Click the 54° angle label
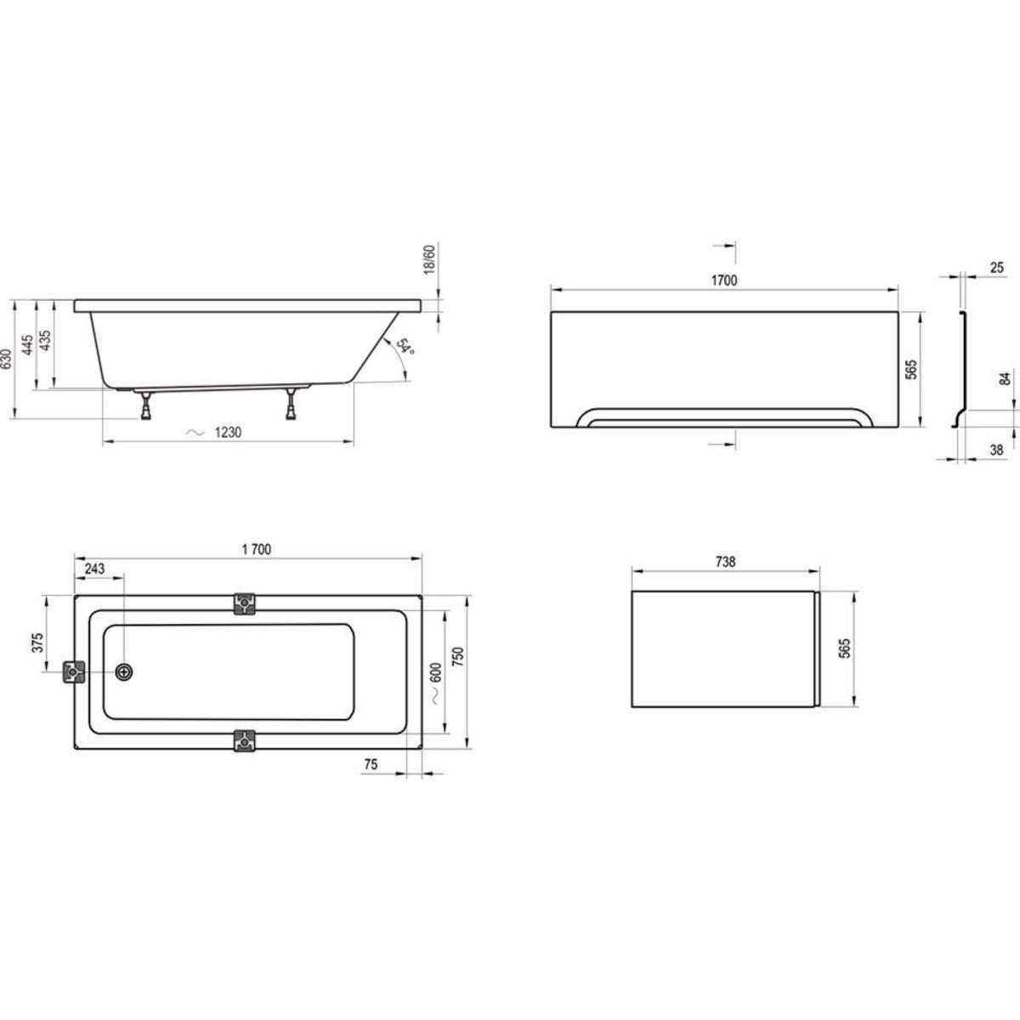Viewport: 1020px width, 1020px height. [405, 347]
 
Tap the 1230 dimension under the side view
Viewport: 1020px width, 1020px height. [228, 433]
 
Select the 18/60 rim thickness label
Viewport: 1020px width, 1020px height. [428, 259]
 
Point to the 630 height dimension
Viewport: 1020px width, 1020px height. [6, 359]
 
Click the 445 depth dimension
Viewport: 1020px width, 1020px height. [27, 344]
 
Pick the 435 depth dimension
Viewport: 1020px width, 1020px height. [46, 340]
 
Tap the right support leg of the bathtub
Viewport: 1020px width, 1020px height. [291, 405]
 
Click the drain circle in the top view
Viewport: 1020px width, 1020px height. [124, 671]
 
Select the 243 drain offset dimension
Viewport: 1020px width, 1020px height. [94, 569]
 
